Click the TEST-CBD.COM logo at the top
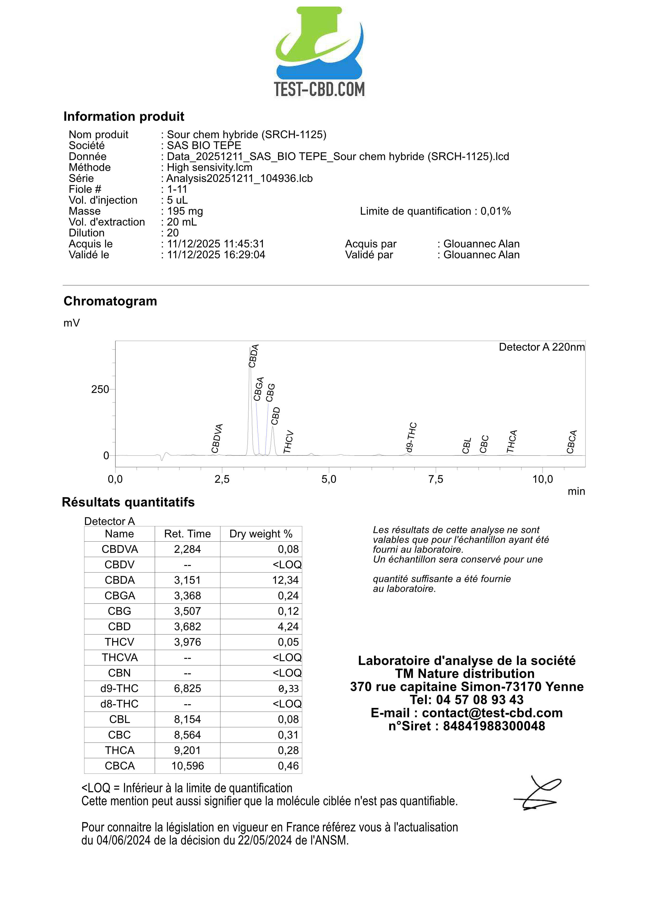click(319, 52)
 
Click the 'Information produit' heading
click(124, 117)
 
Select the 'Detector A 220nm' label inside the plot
click(541, 347)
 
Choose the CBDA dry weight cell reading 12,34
click(285, 580)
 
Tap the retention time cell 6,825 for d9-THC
click(187, 689)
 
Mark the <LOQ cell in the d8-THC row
click(287, 704)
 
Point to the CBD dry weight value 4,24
click(288, 626)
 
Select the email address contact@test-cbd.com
click(492, 713)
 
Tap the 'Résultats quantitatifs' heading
click(128, 502)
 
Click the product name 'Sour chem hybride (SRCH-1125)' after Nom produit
click(246, 135)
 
